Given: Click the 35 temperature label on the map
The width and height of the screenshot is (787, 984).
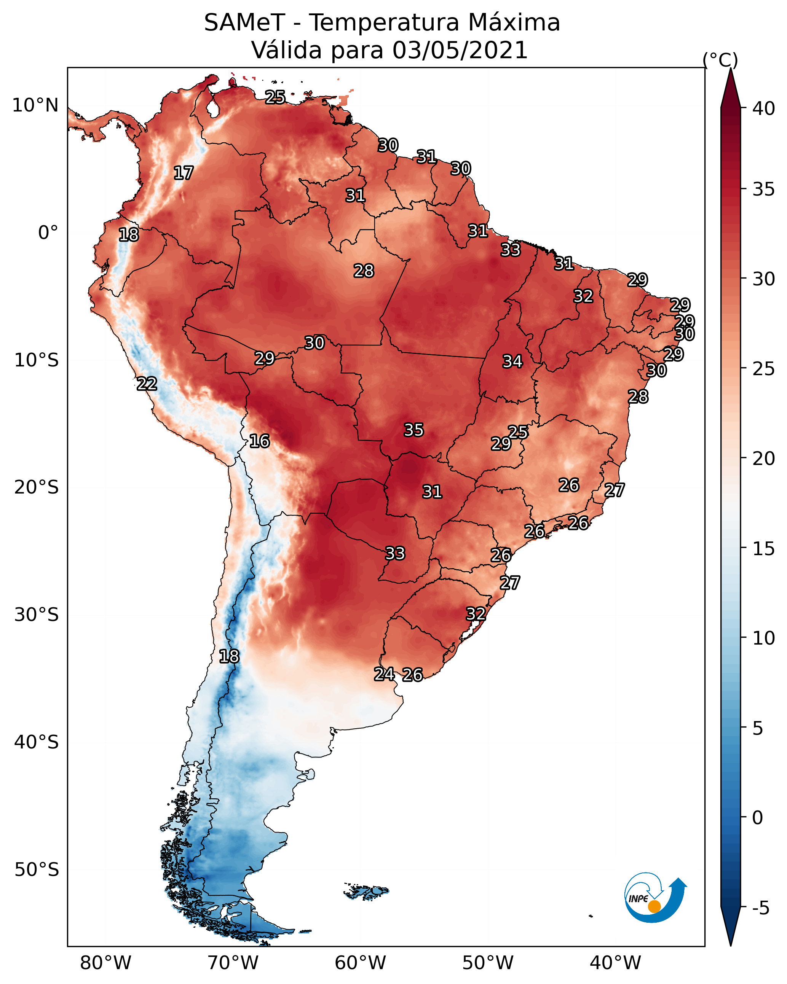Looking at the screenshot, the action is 414,430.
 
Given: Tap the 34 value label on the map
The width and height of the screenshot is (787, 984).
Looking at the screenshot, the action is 512,361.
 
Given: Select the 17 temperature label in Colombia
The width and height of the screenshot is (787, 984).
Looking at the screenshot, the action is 184,173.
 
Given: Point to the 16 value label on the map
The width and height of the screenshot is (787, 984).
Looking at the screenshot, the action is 259,441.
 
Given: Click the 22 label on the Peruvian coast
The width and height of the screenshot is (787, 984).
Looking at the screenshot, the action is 147,384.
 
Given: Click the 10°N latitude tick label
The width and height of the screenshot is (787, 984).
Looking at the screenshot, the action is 35,105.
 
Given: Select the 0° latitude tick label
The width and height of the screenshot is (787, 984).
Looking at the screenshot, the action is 48,233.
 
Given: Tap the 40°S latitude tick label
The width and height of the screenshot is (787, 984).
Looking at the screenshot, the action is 37,742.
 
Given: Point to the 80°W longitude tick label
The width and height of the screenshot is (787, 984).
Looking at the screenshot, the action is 105,963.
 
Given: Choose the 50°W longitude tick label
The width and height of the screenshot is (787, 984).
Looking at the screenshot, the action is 488,963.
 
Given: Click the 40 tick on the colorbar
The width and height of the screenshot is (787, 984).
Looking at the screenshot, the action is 764,108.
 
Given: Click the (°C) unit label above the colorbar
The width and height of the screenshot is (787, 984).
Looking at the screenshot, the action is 720,60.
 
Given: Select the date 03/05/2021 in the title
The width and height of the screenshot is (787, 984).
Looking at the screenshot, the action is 460,50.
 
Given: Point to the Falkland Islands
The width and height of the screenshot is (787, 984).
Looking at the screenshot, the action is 366,891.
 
